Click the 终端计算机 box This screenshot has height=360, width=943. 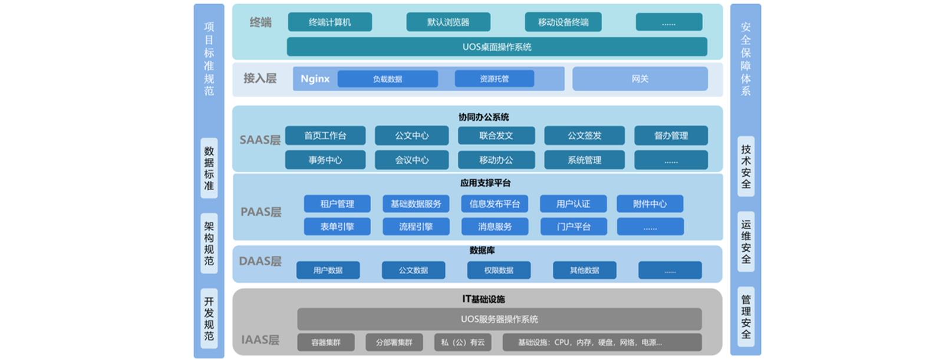click(x=329, y=22)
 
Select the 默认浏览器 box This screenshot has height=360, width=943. click(x=448, y=22)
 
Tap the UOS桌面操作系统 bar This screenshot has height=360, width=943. click(x=497, y=47)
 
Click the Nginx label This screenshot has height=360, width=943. click(x=315, y=79)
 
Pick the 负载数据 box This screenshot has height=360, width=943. click(x=387, y=79)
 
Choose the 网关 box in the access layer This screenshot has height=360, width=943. click(x=639, y=79)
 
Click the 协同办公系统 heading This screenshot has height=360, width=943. click(x=483, y=117)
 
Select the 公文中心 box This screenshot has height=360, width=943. click(x=411, y=136)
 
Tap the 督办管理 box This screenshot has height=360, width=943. click(x=671, y=136)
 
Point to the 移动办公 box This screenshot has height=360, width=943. click(x=496, y=160)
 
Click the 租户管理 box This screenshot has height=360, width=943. click(x=337, y=204)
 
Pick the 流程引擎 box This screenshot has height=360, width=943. click(x=416, y=226)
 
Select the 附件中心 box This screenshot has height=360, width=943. click(x=649, y=204)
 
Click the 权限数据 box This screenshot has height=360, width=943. click(x=499, y=270)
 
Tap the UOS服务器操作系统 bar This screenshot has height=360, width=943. click(x=499, y=319)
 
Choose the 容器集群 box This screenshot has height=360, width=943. click(x=326, y=342)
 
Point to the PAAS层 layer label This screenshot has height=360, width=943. click(x=261, y=212)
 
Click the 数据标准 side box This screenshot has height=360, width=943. click(x=209, y=169)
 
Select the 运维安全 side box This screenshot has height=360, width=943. click(x=746, y=242)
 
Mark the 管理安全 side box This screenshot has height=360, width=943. click(x=746, y=317)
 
